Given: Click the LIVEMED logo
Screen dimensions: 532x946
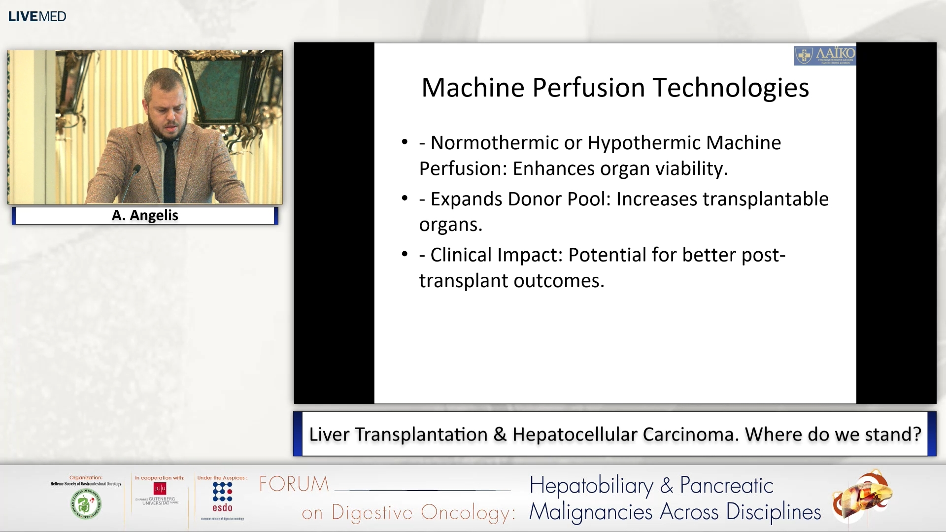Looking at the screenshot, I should click(37, 16).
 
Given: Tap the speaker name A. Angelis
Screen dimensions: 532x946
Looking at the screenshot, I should click(145, 215).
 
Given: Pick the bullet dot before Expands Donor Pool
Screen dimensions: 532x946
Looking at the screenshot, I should click(405, 198).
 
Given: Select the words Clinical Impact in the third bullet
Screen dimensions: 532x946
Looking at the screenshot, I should click(496, 255).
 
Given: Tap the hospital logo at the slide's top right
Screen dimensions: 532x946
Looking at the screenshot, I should click(825, 56).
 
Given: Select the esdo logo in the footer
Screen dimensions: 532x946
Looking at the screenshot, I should click(222, 498).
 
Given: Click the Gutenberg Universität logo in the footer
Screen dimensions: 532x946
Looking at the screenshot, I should click(158, 494).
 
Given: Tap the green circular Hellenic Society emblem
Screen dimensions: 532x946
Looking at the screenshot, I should click(86, 504).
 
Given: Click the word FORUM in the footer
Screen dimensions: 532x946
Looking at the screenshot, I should click(294, 484).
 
